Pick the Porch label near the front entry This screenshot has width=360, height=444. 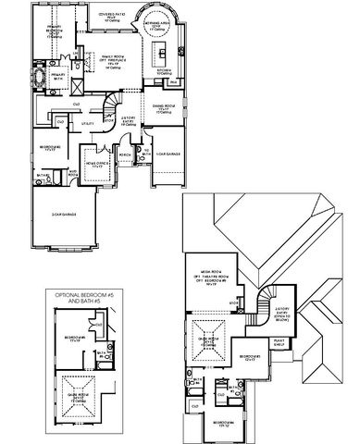click(x=124, y=154)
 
